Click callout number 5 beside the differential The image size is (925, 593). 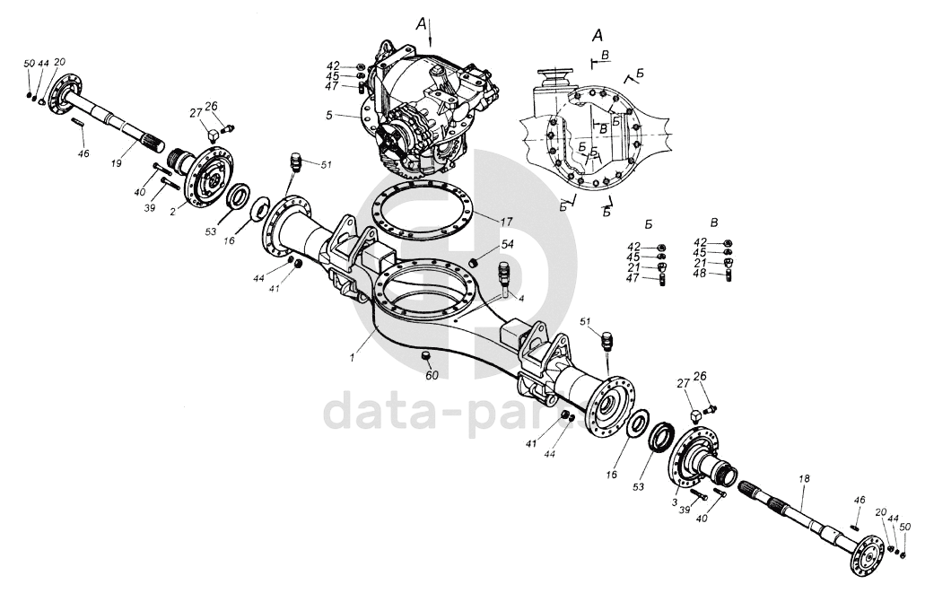pyautogui.click(x=329, y=115)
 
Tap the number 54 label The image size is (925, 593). pyautogui.click(x=507, y=244)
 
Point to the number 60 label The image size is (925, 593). pyautogui.click(x=432, y=375)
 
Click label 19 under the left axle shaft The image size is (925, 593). pyautogui.click(x=116, y=164)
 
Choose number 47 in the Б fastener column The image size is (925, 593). pyautogui.click(x=634, y=278)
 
